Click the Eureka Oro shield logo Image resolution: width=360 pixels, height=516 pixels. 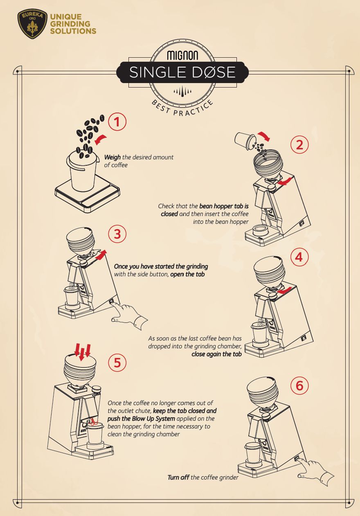point(32,23)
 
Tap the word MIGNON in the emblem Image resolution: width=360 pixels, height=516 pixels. point(182,55)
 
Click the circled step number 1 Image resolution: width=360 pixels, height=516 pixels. point(117,122)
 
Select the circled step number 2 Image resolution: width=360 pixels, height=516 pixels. point(299,145)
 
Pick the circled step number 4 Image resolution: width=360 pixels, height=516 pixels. point(299,257)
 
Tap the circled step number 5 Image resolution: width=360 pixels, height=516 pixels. point(117,363)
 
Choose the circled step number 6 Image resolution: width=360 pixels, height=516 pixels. point(299,385)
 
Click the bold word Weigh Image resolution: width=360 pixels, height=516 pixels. point(112,158)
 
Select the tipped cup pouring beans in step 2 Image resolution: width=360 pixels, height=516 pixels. point(245,140)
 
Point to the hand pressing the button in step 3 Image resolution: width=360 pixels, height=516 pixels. point(129,315)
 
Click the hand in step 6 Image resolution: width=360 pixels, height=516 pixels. point(316,472)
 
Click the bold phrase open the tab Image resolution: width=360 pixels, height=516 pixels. point(187,274)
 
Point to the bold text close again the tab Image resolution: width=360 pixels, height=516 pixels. point(216,354)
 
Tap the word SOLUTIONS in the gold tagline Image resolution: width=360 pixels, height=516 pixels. point(73,31)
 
